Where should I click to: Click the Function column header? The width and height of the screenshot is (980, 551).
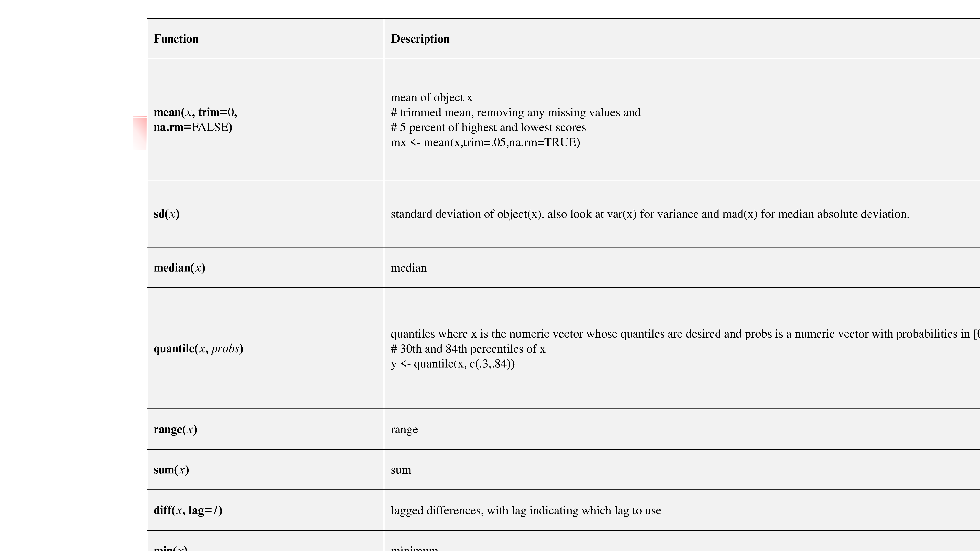click(x=176, y=39)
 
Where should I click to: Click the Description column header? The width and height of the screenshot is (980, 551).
click(x=420, y=39)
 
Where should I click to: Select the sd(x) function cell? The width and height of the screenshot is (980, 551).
click(x=167, y=214)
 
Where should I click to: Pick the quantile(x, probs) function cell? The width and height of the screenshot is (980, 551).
click(x=198, y=349)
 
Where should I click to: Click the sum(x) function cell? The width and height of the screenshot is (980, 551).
click(x=171, y=470)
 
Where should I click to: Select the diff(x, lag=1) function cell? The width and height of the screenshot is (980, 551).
click(x=188, y=510)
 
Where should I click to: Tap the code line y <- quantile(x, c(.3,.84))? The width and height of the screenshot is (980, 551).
click(x=453, y=364)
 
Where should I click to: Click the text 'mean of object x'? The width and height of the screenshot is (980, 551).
click(x=431, y=98)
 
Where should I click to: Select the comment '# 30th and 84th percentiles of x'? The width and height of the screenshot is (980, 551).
click(x=468, y=349)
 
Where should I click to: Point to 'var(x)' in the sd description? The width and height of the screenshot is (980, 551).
click(x=622, y=214)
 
